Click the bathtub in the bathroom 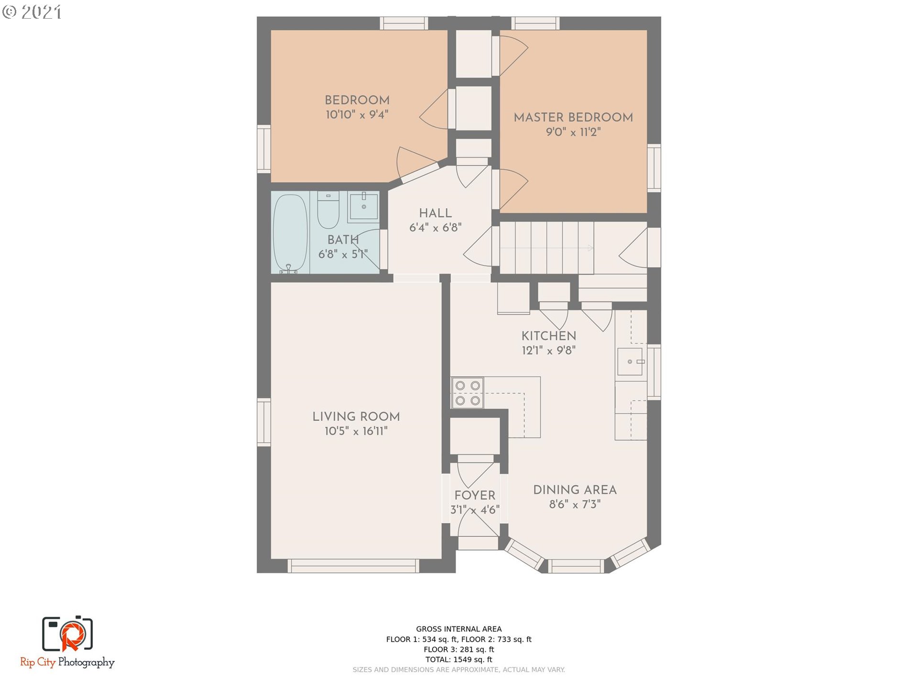[x=290, y=233]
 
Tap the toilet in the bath [x=328, y=210]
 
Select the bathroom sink [x=363, y=207]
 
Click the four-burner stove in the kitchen [x=468, y=393]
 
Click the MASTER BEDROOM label [x=573, y=117]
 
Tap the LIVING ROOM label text [x=356, y=416]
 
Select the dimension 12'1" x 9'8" [x=548, y=350]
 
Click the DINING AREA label [x=575, y=489]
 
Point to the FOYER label [x=475, y=495]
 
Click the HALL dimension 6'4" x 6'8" [x=435, y=228]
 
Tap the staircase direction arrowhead [x=590, y=248]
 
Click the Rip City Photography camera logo [x=67, y=633]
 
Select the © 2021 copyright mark [x=32, y=12]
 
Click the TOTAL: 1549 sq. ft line [x=459, y=659]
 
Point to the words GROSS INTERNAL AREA [x=459, y=629]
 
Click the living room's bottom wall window [x=354, y=566]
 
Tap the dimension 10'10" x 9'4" [x=357, y=114]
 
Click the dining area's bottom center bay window [x=576, y=566]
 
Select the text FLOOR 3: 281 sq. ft [x=459, y=649]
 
